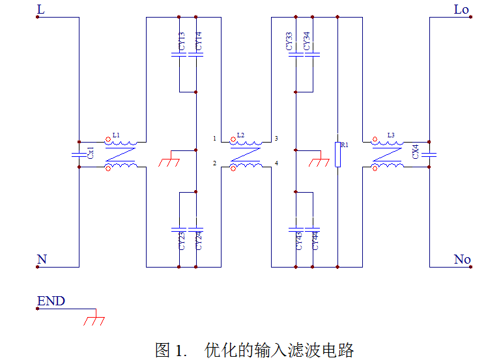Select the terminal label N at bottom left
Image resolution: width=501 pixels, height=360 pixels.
click(42, 260)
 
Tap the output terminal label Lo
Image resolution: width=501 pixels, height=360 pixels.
click(461, 9)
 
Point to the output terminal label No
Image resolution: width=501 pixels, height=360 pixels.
click(462, 260)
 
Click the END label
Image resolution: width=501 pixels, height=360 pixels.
click(51, 301)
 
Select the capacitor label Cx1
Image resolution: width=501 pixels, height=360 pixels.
click(91, 154)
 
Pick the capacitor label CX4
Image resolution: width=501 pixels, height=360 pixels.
click(415, 152)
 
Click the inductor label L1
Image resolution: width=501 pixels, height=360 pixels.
click(116, 135)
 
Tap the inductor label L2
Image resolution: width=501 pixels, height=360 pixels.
click(240, 135)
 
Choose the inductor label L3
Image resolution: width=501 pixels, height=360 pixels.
click(391, 135)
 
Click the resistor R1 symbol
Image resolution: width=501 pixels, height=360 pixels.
click(337, 154)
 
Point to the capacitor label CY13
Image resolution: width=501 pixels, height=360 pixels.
click(182, 41)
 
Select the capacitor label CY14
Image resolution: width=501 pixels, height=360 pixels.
click(199, 41)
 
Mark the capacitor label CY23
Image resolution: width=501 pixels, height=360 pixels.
click(182, 241)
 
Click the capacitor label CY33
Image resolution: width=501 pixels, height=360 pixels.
click(290, 41)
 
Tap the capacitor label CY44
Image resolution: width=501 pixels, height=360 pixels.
click(315, 241)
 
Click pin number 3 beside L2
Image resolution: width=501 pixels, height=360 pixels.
click(276, 139)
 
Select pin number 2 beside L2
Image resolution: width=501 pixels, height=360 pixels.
click(214, 163)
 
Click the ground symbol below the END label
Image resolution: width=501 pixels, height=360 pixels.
click(95, 320)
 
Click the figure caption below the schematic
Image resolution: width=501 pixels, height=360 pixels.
click(254, 350)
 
